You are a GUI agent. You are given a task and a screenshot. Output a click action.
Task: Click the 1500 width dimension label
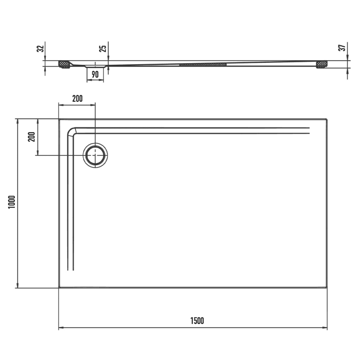tap(197, 321)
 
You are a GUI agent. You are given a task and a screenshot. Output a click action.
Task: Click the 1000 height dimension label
tap(11, 203)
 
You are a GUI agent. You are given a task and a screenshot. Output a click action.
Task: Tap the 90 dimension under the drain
tap(95, 74)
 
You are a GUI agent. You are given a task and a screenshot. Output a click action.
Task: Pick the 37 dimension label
tap(342, 49)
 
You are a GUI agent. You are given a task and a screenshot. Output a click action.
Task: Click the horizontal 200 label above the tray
tap(77, 99)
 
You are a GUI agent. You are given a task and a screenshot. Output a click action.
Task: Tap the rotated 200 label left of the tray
tap(31, 137)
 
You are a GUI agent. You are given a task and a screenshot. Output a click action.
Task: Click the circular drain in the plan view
tap(96, 154)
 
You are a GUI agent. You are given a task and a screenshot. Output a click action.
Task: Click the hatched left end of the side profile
tap(64, 65)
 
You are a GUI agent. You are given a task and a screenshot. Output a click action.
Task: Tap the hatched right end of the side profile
tap(322, 64)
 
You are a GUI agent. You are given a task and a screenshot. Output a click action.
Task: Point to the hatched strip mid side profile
tap(203, 65)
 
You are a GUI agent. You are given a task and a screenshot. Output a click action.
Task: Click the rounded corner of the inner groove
tap(73, 132)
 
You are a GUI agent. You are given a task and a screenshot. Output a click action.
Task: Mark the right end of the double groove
tap(310, 131)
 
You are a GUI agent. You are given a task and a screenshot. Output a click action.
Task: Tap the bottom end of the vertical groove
tap(72, 269)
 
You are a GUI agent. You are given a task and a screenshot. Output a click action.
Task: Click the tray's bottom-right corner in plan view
tap(327, 287)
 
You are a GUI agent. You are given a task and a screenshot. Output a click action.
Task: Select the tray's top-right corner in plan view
tap(327, 120)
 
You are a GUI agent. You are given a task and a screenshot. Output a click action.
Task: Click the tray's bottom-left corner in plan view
tap(59, 287)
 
